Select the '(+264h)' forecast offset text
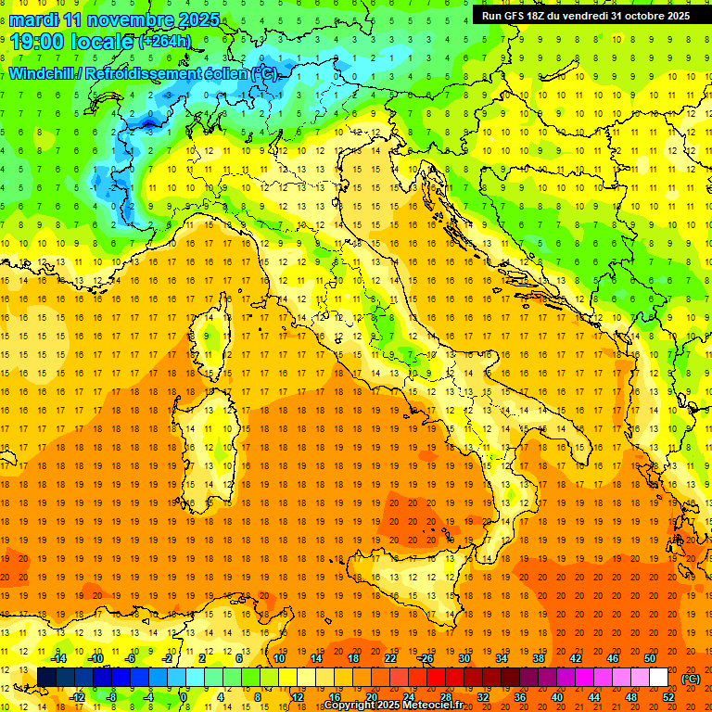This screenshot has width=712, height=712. click(165, 42)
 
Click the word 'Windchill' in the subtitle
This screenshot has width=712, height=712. click(43, 73)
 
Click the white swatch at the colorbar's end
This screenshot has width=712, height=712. click(658, 678)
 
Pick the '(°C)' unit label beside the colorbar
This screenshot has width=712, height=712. click(691, 678)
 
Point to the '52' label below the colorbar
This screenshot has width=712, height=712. click(668, 696)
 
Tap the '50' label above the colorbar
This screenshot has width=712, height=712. click(650, 658)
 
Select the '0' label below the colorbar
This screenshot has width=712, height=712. click(183, 696)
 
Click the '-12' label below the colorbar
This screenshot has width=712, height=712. click(77, 696)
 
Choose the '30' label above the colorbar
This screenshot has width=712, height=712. click(464, 658)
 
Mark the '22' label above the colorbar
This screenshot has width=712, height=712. click(389, 658)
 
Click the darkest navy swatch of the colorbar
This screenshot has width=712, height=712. click(46, 678)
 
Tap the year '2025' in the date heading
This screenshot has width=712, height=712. click(199, 19)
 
